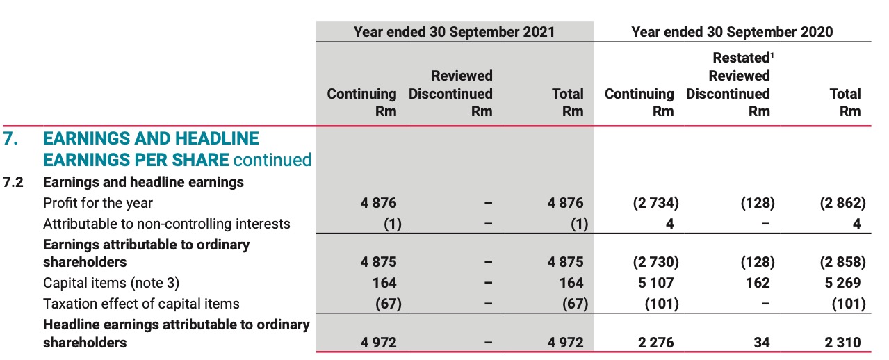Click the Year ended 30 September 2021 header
(455, 32)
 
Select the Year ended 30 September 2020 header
(732, 32)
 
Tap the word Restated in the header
(741, 58)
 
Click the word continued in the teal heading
(272, 160)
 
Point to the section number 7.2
(14, 182)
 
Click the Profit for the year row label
(98, 203)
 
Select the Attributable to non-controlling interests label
(167, 224)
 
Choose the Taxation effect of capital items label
(141, 304)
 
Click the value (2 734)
(655, 203)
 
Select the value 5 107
(655, 283)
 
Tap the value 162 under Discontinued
(757, 283)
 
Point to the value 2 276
(655, 342)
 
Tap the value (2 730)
(655, 262)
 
